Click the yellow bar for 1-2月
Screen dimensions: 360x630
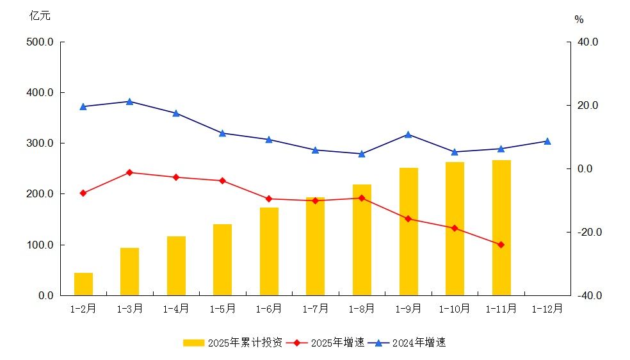pos(83,284)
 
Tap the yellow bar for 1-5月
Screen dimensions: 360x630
pos(222,259)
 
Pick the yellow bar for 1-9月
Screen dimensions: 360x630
pos(408,231)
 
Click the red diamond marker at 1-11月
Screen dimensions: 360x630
pos(501,245)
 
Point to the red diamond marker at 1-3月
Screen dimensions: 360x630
pos(129,172)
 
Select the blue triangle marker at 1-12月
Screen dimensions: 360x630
pos(547,141)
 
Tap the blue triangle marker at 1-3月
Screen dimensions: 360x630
pos(129,101)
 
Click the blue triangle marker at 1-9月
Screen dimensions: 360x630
pos(408,135)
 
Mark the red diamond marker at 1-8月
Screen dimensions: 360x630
pos(362,198)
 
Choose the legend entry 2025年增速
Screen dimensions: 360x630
pos(327,343)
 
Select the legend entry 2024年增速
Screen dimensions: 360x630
pos(410,343)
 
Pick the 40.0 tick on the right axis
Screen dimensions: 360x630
pos(586,42)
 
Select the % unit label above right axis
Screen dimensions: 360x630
pos(579,20)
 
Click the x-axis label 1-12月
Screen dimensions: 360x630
pos(547,309)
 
